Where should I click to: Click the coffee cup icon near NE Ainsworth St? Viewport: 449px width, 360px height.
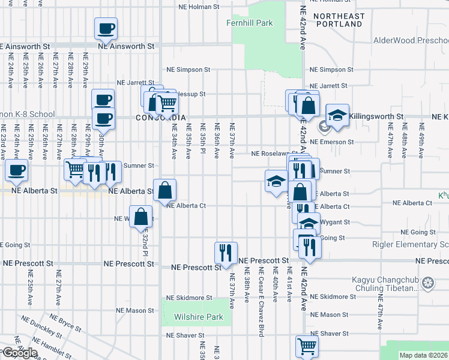point(106,29)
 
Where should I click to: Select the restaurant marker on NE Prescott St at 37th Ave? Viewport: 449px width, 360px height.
point(226,252)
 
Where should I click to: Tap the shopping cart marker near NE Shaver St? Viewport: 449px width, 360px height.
point(307,346)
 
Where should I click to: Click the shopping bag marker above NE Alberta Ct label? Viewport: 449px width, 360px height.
point(165,191)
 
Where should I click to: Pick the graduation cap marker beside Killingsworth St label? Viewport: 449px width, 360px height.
point(337,115)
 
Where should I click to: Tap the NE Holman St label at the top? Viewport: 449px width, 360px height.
point(200,8)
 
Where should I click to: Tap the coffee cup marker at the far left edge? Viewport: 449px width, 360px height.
point(16,170)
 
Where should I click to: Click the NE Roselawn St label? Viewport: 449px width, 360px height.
point(274,154)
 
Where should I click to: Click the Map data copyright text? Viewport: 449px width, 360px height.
point(423,355)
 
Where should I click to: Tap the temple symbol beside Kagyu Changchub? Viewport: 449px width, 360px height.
point(427,283)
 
